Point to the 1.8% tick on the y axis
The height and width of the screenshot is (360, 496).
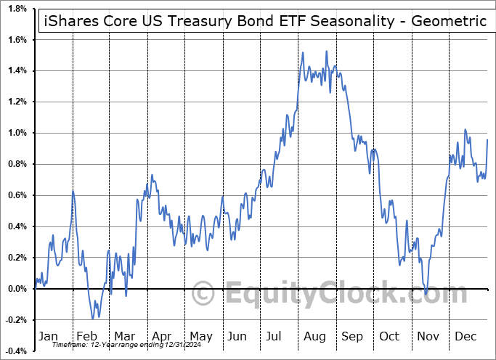coord(17,9)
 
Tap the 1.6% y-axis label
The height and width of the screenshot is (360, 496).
coord(17,40)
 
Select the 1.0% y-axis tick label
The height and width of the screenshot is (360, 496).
coord(17,133)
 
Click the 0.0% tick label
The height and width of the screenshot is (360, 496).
coord(17,289)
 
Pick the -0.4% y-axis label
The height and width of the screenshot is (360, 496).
coord(16,351)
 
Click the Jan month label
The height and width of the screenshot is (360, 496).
coord(47,336)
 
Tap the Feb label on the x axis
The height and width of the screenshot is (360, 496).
coord(86,336)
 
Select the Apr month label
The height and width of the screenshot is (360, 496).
coord(162,336)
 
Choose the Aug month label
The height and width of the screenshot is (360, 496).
coord(314,336)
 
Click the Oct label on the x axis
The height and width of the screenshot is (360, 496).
coord(390,336)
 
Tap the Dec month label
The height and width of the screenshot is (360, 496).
coord(466,336)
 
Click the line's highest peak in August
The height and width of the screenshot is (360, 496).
coord(327,52)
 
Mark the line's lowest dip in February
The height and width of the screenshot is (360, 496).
coord(92,319)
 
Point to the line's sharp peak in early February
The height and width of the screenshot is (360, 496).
coord(73,191)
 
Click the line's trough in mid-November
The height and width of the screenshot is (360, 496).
coord(426,293)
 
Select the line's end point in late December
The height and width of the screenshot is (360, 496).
coord(487,140)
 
